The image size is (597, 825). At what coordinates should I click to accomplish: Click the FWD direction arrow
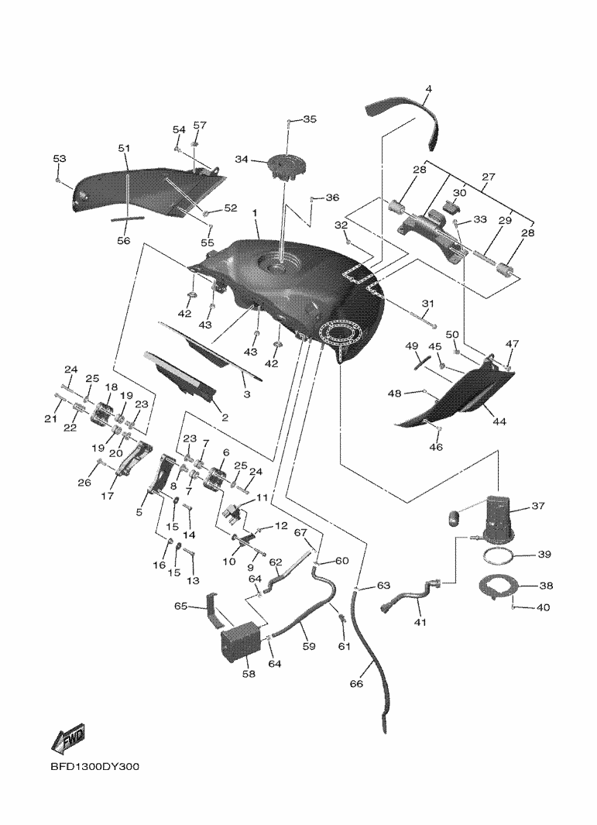[x=68, y=740]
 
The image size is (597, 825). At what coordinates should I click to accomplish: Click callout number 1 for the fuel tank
[x=256, y=211]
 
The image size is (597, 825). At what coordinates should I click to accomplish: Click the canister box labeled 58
[x=240, y=640]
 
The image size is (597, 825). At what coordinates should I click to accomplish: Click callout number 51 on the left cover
[x=124, y=149]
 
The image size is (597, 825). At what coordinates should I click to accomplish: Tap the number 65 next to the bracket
[x=180, y=607]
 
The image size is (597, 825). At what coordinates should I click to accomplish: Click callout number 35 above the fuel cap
[x=309, y=119]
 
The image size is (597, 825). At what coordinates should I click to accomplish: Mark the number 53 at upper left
[x=60, y=159]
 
